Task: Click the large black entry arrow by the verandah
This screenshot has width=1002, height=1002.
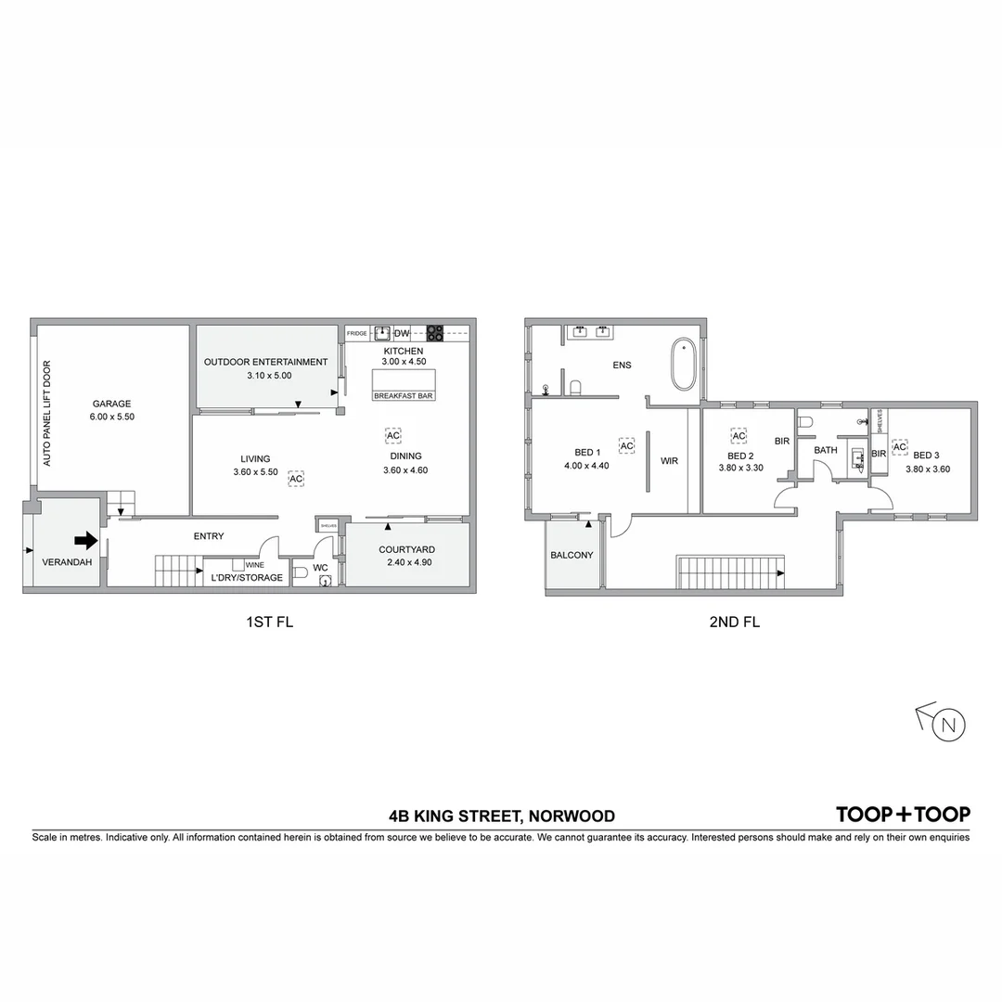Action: click(85, 539)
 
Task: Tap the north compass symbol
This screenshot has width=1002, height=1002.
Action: click(947, 724)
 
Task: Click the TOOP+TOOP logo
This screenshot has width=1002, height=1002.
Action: click(903, 815)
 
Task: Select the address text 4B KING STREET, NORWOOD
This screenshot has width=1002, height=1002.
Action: click(502, 816)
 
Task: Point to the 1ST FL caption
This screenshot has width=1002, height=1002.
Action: click(267, 623)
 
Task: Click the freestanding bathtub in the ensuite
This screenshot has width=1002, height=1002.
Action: click(684, 365)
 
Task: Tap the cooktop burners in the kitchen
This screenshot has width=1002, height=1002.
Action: click(434, 333)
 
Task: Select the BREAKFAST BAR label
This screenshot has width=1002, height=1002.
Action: click(404, 396)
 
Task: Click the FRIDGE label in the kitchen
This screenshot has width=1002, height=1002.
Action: click(357, 333)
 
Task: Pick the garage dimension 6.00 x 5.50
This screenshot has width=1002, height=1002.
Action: click(111, 417)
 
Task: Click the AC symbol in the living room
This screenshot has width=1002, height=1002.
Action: click(296, 479)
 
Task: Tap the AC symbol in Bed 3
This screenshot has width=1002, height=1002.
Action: click(899, 447)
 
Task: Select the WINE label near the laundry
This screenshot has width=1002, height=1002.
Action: click(254, 564)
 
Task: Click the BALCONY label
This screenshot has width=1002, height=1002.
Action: click(572, 555)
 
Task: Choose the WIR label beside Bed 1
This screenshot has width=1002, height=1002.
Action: click(670, 460)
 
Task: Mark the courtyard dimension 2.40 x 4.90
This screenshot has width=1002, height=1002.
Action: click(405, 562)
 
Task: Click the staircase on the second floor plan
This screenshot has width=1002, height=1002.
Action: click(731, 572)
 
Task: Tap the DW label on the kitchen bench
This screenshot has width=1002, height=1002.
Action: click(402, 333)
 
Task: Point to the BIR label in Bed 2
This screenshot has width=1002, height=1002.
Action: click(782, 441)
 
